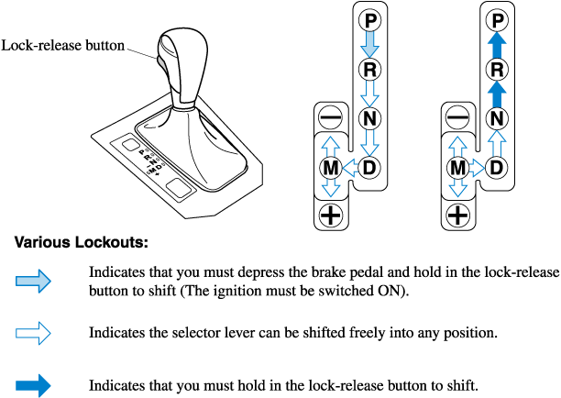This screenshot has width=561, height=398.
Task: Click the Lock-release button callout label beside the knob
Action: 63,45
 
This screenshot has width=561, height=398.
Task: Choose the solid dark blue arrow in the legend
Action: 34,385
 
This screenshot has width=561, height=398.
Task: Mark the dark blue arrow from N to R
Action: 496,93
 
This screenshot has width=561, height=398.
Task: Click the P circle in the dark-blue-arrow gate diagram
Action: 496,20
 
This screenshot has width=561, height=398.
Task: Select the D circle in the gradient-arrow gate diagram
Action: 369,167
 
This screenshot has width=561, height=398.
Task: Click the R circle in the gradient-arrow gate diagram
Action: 369,69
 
